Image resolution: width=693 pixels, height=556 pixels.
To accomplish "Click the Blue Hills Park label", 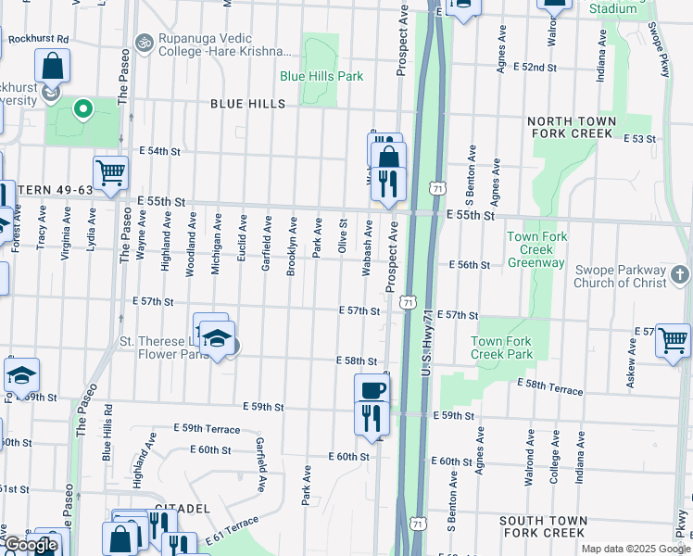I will [321, 76].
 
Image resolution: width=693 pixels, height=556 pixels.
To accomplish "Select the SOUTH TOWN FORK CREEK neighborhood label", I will [542, 526].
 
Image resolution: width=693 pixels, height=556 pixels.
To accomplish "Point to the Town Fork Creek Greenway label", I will [535, 250].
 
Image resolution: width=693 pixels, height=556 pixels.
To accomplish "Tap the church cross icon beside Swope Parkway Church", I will [680, 275].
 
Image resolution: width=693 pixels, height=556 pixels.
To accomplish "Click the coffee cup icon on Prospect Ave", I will [372, 390].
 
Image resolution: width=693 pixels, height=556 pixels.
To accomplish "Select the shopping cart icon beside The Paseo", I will [110, 171].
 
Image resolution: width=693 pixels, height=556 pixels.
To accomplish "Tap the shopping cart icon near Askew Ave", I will [674, 339].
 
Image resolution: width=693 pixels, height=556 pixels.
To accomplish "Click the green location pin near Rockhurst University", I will [82, 110].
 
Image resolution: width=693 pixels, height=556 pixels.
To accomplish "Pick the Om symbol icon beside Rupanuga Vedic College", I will [144, 43].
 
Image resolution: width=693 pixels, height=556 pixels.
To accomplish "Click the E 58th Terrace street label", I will [550, 386].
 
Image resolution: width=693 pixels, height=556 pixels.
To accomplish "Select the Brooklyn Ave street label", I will [292, 237].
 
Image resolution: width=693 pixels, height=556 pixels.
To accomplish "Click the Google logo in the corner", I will [31, 545].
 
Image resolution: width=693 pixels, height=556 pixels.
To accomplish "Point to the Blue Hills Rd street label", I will [107, 433].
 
